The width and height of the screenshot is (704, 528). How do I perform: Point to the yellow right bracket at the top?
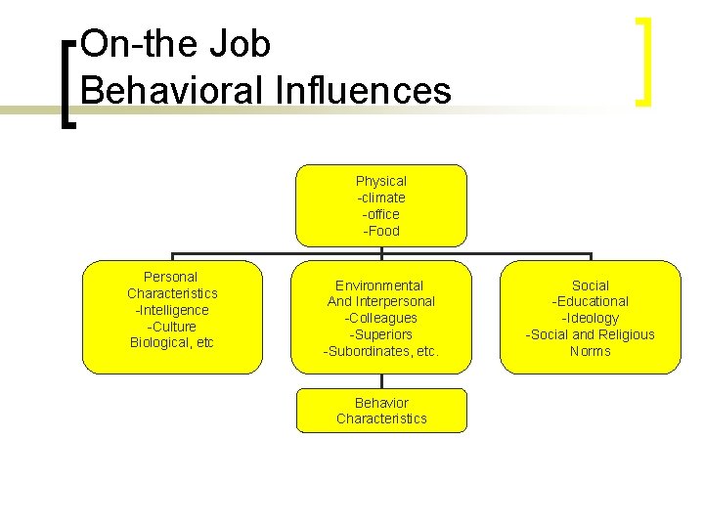coord(643,61)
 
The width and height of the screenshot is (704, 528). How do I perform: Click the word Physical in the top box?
coord(381,181)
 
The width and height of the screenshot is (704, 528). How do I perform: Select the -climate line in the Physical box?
coord(381,198)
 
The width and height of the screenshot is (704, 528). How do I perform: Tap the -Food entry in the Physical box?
coord(381,231)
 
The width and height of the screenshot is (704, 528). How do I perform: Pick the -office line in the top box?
coord(381,214)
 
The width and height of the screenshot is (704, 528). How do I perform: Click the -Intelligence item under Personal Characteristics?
coord(172,310)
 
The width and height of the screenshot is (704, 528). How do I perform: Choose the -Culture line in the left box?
coord(172,327)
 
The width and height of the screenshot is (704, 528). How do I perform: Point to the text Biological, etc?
coord(172,342)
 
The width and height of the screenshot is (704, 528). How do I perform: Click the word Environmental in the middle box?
coord(379,286)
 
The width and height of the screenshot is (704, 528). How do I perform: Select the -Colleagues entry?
coord(381,318)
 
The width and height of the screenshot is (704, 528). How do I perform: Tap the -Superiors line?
coord(381,334)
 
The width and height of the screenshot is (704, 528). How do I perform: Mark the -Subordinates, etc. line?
coord(381,351)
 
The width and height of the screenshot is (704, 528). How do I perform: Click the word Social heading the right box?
coord(590,286)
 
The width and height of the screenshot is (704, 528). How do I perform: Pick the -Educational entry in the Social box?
coord(590,301)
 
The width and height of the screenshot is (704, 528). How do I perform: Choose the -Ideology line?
coord(590,318)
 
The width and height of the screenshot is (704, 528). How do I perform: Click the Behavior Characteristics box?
coord(381,411)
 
